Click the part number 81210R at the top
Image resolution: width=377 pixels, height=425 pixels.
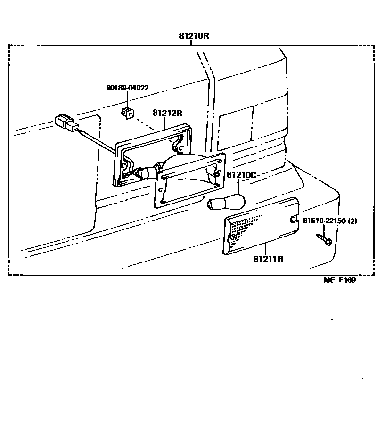193,36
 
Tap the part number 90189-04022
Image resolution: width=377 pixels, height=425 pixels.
127,88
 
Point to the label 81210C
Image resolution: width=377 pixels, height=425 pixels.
241,175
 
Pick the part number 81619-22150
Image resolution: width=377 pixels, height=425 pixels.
324,221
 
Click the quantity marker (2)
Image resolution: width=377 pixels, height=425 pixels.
352,221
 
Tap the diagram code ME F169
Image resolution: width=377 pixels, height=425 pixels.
339,280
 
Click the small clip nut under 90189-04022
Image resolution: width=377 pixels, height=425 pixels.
128,113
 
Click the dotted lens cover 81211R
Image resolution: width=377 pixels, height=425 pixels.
262,226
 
